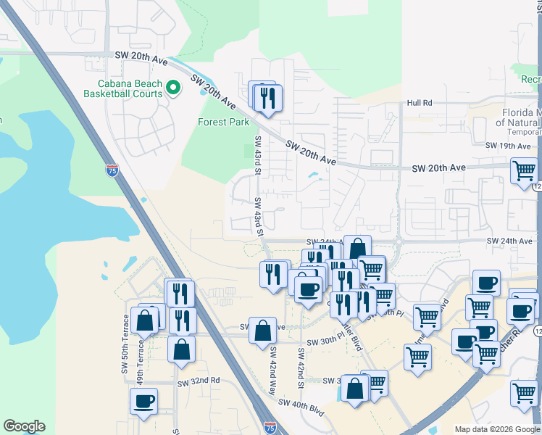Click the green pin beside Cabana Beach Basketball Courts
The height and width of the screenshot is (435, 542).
click(173, 88)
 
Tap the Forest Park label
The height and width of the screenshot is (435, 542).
click(224, 122)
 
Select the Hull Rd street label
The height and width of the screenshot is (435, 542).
click(420, 103)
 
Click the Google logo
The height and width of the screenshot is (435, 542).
click(24, 426)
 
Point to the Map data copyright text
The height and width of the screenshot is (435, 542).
click(498, 429)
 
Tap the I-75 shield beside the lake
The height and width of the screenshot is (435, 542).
click(112, 171)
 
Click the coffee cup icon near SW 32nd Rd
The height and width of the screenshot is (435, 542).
click(144, 402)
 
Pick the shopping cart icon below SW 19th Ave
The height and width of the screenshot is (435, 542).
click(524, 172)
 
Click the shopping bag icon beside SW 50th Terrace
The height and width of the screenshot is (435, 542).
click(145, 320)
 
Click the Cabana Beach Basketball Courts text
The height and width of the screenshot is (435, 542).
click(122, 88)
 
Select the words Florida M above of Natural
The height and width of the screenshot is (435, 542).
click(522, 112)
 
